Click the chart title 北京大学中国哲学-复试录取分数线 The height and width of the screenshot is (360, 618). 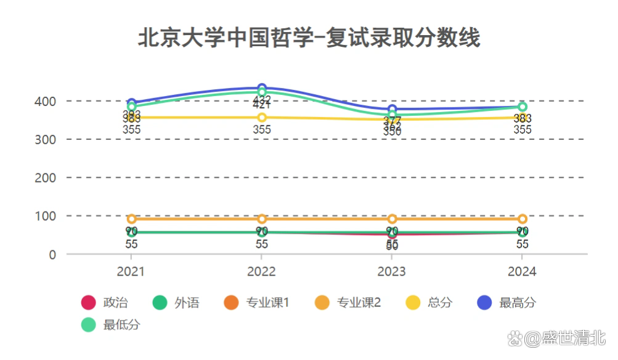tap(309, 38)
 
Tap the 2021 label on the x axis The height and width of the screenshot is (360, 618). tap(131, 271)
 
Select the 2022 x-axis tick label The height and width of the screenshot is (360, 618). tap(261, 271)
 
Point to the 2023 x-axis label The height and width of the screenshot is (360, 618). tap(392, 271)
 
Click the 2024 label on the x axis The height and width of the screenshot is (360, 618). tap(522, 271)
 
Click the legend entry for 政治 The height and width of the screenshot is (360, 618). tap(105, 303)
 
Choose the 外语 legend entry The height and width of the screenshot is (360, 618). tap(176, 303)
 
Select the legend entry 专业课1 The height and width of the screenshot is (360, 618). tap(256, 303)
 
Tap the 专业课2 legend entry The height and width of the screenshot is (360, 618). tap(348, 303)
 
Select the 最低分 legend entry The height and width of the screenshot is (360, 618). tap(111, 325)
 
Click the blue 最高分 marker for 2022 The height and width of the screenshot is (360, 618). tap(262, 88)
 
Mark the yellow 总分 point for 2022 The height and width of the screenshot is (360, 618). tap(262, 117)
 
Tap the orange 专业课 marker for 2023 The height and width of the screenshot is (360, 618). tap(392, 219)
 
